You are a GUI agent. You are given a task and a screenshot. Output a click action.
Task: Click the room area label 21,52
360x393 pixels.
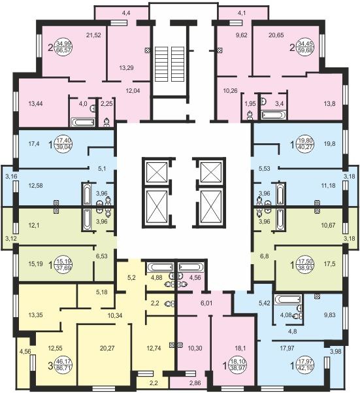[x=93, y=35]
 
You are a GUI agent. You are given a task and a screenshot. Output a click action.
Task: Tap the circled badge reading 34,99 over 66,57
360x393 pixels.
[x=63, y=47]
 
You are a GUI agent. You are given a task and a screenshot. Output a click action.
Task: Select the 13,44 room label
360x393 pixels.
[x=35, y=103]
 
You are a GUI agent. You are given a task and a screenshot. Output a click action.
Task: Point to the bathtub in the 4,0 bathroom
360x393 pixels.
[x=83, y=122]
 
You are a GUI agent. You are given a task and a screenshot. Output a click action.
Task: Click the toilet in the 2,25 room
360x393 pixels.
[x=106, y=122]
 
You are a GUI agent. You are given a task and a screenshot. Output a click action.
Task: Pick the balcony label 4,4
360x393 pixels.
[x=126, y=13]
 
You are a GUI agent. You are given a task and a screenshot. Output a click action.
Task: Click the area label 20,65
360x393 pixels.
[x=276, y=35]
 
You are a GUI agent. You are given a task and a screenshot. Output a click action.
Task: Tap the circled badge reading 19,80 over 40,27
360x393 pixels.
[x=304, y=144]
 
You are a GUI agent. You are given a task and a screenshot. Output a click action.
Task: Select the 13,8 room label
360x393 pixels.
[x=329, y=103]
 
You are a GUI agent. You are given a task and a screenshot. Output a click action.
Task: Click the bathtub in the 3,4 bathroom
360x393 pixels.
[x=273, y=115]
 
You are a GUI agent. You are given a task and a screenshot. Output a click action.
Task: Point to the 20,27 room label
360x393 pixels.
[x=107, y=348]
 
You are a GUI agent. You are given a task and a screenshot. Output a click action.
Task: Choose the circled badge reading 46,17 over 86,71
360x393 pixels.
[x=63, y=365]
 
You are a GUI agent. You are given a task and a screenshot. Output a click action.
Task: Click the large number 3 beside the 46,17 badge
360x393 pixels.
[x=50, y=366]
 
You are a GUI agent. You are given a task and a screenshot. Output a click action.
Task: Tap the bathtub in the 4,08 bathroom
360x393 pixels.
[x=288, y=299]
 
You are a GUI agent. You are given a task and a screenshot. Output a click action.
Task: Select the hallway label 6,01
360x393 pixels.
[x=206, y=303]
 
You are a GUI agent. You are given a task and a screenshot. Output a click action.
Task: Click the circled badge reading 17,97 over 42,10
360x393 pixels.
[x=304, y=365]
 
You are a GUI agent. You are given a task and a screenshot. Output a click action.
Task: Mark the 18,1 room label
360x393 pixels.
[x=240, y=348]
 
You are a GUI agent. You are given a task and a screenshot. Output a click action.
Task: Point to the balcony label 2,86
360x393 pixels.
[x=195, y=383]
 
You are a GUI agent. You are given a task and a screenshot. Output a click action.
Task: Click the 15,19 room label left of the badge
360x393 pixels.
[x=35, y=264]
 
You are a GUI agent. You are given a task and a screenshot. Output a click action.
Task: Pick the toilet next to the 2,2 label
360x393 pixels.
[x=169, y=304]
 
